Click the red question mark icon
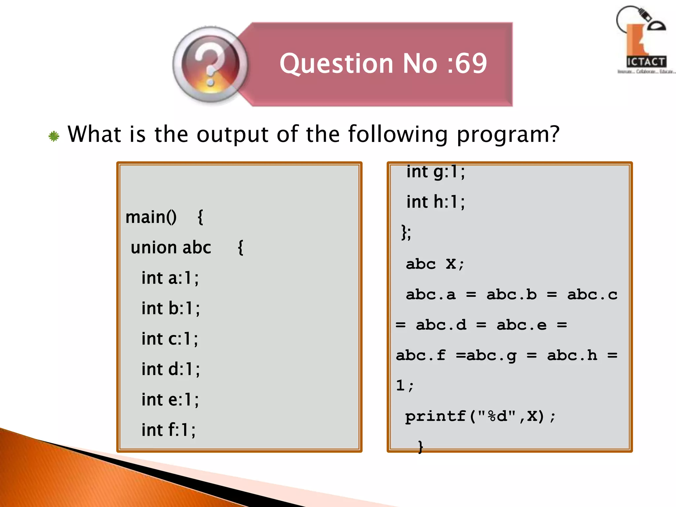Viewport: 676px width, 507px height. pos(210,64)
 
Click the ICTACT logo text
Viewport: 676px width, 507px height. pos(646,62)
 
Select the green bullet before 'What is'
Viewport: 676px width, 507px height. pos(54,136)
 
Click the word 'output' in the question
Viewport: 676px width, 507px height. pos(232,135)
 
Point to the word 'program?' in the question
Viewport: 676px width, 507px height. pos(508,135)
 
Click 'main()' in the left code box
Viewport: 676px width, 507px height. pos(151,217)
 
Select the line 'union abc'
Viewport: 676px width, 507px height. pos(171,248)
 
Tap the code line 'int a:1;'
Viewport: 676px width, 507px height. pos(170,278)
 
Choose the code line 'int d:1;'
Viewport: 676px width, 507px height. pos(171,369)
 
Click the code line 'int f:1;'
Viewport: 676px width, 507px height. pos(168,430)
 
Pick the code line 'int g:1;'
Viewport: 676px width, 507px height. pos(435,172)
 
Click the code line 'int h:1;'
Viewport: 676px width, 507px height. pos(435,202)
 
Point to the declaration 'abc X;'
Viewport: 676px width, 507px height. pos(435,264)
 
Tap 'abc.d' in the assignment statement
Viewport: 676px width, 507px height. pos(441,325)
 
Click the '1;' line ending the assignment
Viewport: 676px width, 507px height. pos(404,386)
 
